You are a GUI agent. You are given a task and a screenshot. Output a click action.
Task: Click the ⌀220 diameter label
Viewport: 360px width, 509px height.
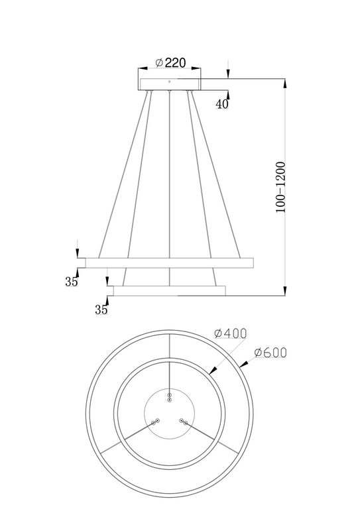(x=170, y=63)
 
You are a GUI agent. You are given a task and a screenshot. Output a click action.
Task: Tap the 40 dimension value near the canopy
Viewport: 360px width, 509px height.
(x=221, y=103)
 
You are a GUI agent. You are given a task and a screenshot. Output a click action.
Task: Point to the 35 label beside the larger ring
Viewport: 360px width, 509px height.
(x=72, y=282)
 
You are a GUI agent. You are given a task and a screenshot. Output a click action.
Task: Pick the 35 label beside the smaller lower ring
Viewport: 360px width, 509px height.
(x=101, y=310)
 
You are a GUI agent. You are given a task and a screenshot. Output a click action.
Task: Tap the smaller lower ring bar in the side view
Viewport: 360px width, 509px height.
(x=170, y=291)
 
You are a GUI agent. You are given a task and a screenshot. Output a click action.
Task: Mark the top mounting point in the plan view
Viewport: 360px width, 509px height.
(x=170, y=397)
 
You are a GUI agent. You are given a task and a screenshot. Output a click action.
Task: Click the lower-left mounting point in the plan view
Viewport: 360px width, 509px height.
(x=156, y=421)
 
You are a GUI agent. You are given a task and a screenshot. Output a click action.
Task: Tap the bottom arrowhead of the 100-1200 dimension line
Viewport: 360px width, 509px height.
(x=285, y=291)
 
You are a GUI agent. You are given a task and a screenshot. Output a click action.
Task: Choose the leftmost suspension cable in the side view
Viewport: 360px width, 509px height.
(x=123, y=172)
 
